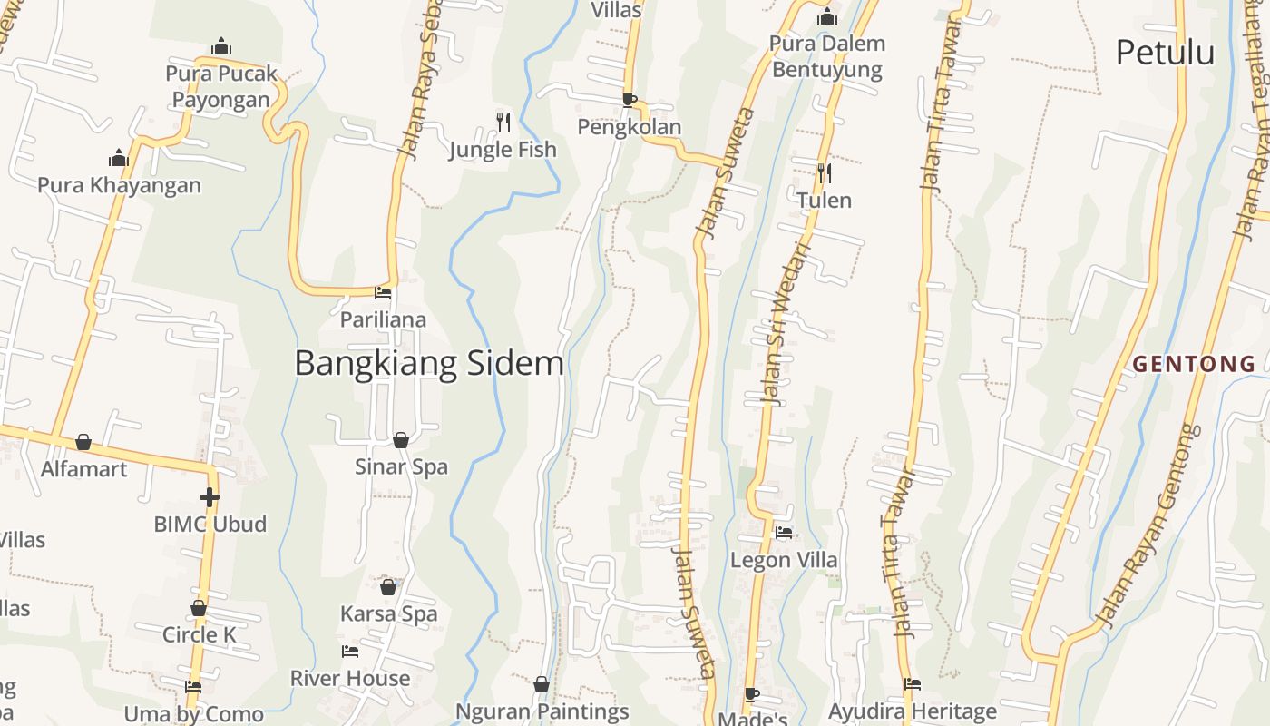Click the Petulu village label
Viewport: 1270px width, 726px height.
pos(1165,53)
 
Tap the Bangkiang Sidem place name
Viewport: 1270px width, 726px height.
pos(429,364)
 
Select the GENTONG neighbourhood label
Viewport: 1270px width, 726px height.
pos(1194,365)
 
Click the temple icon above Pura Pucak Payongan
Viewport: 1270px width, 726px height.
pos(220,46)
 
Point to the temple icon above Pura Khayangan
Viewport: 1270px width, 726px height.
pos(119,158)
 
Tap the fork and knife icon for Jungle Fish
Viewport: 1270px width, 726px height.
pos(503,122)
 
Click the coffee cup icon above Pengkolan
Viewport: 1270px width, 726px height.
pos(629,100)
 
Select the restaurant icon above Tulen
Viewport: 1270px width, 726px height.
pos(824,172)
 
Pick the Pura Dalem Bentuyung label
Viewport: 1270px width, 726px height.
pos(826,56)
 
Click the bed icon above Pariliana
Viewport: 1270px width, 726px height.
pos(383,293)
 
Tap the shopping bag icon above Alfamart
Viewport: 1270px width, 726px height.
pos(83,442)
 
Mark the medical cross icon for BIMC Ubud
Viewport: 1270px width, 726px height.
pos(210,497)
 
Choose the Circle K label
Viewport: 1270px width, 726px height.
pos(199,634)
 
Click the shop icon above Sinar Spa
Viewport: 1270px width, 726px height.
pos(400,440)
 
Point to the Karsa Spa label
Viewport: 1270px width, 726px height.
pos(388,613)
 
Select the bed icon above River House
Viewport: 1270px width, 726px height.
pos(349,652)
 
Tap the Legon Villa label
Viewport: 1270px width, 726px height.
pos(784,560)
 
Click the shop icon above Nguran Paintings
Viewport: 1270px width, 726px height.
pos(542,684)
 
